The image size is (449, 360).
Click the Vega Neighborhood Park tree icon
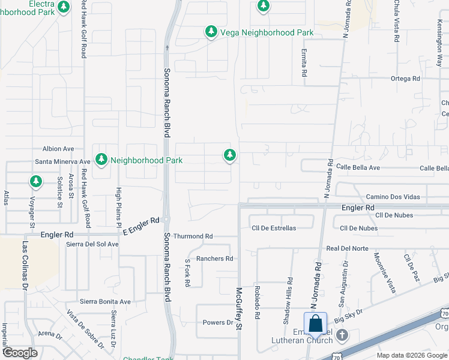[x=211, y=31]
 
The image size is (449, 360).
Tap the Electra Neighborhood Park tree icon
[x=64, y=7]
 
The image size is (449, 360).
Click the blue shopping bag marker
[x=316, y=325]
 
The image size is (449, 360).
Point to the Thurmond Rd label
[x=193, y=236]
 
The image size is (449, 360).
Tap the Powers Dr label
[x=217, y=322]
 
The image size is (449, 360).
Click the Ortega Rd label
[x=405, y=79]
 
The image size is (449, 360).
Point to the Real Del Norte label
[x=347, y=248]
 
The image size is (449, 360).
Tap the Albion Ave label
[x=58, y=149]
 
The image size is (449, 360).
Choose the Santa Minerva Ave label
[x=62, y=161]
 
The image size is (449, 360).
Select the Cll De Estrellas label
[x=274, y=228]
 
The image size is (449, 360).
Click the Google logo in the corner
[x=20, y=353]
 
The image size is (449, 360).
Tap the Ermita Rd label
[x=304, y=62]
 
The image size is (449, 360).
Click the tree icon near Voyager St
[x=36, y=181]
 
